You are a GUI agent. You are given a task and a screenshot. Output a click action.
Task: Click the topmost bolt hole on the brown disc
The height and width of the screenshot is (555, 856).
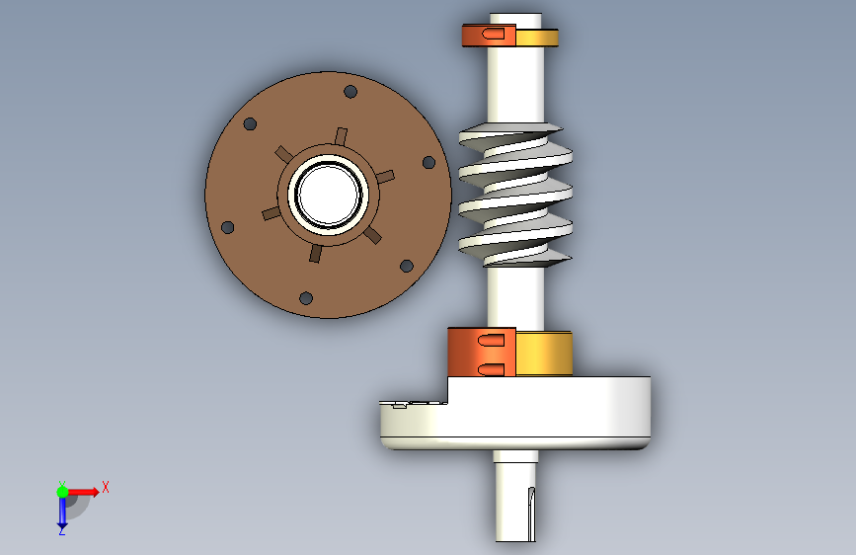[350, 91]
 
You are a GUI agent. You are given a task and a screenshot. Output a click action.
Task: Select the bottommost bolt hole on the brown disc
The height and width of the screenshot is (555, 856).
[306, 298]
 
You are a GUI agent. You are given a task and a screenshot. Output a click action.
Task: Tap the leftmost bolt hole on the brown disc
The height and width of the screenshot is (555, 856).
[228, 227]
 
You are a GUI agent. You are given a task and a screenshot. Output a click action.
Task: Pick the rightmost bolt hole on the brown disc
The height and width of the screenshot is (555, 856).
[429, 162]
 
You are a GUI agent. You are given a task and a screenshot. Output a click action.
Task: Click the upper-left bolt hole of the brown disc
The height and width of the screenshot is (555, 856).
[250, 124]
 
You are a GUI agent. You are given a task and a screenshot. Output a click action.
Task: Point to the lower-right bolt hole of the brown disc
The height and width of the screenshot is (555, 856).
[407, 266]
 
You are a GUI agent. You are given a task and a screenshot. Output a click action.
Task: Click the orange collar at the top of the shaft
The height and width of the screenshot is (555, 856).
[489, 35]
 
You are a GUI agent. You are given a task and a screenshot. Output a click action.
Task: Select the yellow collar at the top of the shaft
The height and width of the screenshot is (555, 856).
[537, 38]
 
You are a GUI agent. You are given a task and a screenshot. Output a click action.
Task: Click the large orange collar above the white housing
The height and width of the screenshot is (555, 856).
[482, 353]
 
